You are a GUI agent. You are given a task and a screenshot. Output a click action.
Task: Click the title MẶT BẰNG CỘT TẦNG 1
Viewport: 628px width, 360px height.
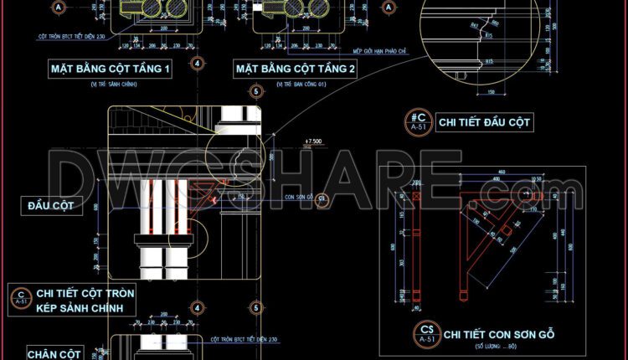[110, 69]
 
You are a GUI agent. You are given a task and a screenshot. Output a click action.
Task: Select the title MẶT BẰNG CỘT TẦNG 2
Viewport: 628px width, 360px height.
[296, 69]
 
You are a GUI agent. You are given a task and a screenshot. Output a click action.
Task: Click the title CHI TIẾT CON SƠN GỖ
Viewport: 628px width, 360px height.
[499, 334]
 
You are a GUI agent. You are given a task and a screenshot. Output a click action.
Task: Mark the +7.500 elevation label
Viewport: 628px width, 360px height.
[315, 141]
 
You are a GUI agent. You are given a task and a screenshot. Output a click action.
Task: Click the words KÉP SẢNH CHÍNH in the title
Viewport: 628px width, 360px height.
[86, 309]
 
